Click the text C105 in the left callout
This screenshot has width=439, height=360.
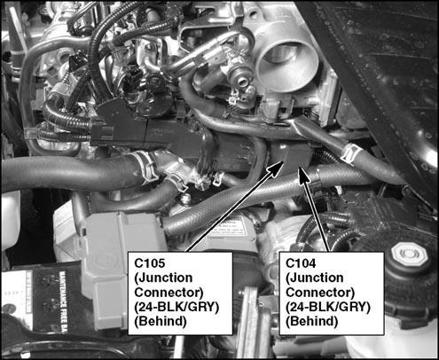tap(150, 263)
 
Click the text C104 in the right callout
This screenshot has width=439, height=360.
tap(301, 263)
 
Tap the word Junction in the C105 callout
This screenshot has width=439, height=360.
tap(163, 278)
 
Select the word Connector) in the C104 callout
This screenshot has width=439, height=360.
tap(320, 293)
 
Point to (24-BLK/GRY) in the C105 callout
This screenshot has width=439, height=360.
tap(176, 307)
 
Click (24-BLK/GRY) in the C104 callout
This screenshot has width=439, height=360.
tap(328, 307)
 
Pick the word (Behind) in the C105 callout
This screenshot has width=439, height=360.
tap(161, 321)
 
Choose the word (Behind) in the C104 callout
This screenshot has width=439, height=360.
tap(311, 321)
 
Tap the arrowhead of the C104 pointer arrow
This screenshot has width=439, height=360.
tap(302, 176)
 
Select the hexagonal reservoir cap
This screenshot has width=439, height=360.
tap(410, 254)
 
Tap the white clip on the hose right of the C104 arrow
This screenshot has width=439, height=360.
tap(351, 153)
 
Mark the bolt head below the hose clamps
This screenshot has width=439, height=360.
tap(186, 199)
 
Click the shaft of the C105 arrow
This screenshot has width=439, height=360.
tap(232, 210)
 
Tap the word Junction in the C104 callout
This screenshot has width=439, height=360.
tap(315, 278)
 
